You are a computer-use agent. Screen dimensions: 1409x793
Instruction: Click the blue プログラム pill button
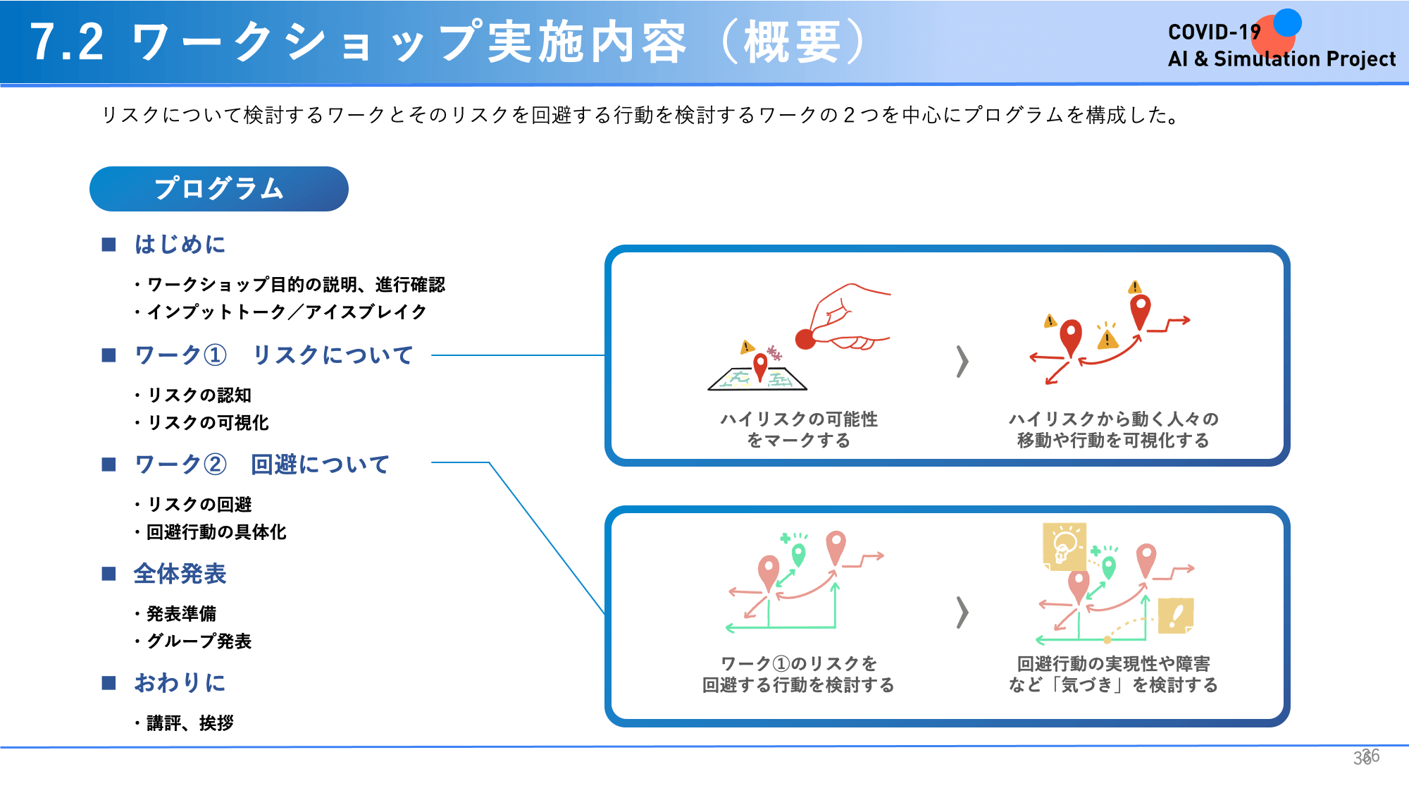coord(219,189)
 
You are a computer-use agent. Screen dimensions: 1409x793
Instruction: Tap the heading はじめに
coord(180,245)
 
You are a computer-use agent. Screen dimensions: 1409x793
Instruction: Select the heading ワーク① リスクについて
coord(273,355)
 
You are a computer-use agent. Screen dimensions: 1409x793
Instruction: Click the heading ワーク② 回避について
coord(261,465)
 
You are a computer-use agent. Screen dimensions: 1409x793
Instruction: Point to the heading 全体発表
coord(180,574)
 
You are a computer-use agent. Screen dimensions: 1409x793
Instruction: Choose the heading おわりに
coord(180,683)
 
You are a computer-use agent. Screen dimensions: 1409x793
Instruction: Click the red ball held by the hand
coord(805,339)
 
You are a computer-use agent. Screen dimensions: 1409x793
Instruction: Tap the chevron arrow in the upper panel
coord(962,362)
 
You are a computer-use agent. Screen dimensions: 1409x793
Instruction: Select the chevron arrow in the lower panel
coord(962,612)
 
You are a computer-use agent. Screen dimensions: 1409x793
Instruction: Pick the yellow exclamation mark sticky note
coord(1176,616)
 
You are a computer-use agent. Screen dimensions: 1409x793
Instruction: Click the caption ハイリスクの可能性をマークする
coord(799,430)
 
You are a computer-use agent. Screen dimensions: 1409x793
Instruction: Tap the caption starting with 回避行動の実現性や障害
coord(1113,675)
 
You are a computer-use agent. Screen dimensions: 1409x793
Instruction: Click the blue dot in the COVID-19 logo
coord(1287,23)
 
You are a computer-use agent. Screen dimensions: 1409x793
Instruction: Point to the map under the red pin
coord(757,379)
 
